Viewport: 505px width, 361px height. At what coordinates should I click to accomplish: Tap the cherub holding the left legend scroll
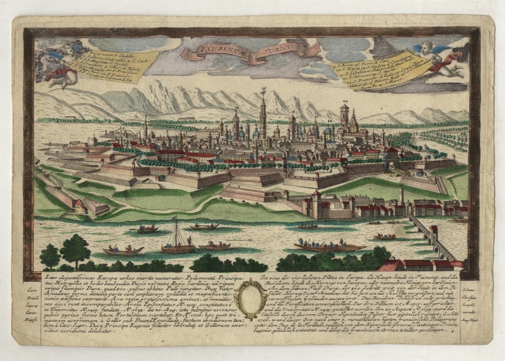tap(62, 62)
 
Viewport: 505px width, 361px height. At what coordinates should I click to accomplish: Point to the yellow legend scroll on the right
tap(383, 71)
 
